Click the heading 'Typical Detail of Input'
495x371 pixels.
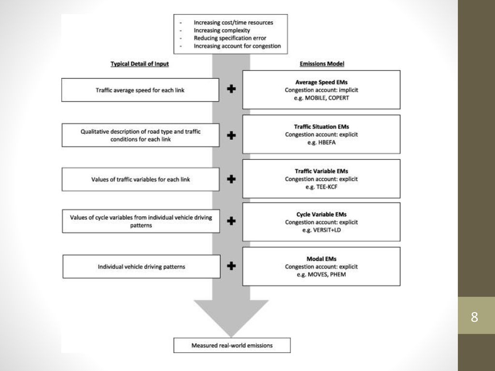140,64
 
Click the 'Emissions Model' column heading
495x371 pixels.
321,64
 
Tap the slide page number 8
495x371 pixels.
474,317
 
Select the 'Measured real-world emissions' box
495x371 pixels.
232,345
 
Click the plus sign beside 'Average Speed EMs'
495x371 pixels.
232,89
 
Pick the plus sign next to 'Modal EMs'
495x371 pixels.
232,266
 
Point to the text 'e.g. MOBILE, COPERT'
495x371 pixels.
321,98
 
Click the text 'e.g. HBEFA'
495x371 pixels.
321,143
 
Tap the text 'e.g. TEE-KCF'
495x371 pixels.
321,187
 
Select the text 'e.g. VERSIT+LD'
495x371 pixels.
321,230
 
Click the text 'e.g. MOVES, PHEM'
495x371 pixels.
321,274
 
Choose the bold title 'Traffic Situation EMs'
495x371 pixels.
321,127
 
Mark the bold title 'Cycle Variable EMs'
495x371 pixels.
321,214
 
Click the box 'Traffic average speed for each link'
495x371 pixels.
140,90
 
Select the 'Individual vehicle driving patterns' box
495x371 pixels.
142,267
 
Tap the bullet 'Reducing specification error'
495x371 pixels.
230,38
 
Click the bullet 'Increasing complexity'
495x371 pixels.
221,30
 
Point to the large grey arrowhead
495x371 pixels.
231,315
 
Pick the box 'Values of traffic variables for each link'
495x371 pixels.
141,179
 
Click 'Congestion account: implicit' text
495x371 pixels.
321,90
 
